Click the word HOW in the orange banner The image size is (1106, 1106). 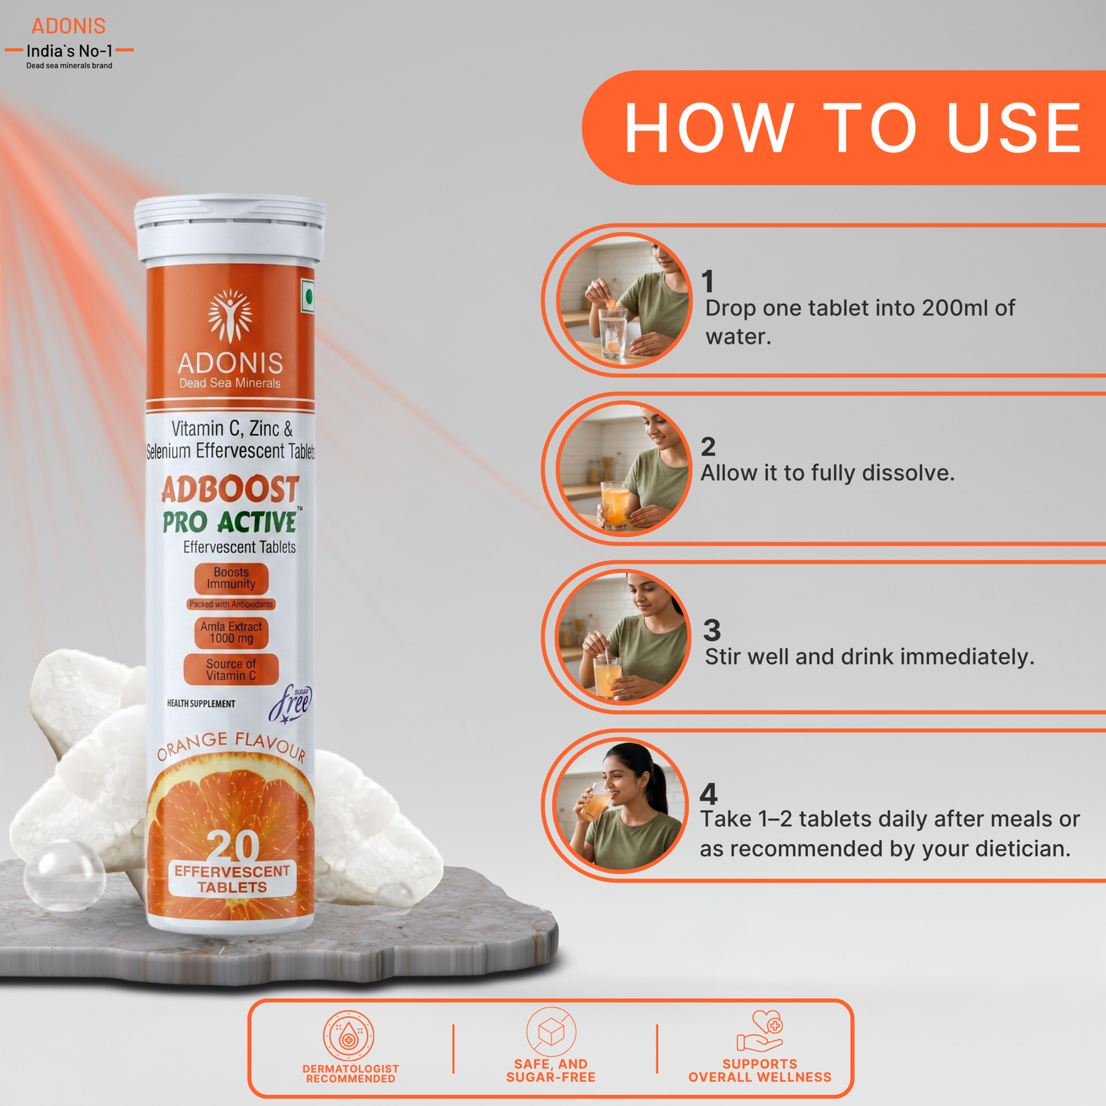[709, 128]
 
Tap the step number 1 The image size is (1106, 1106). [707, 281]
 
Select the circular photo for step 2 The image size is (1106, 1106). [624, 469]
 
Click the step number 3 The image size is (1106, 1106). [712, 630]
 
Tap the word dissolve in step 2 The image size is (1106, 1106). [908, 473]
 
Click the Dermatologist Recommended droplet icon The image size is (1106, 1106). [349, 1035]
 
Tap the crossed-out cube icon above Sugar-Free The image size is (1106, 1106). [551, 1032]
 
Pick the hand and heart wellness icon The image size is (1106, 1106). [760, 1031]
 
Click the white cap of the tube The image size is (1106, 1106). [230, 229]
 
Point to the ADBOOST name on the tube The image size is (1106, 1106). [230, 489]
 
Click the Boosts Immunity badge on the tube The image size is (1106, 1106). [231, 579]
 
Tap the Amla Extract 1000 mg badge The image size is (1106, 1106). [231, 632]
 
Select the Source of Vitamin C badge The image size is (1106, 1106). [231, 669]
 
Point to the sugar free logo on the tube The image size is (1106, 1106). [291, 704]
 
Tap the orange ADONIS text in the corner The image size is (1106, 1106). [68, 26]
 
